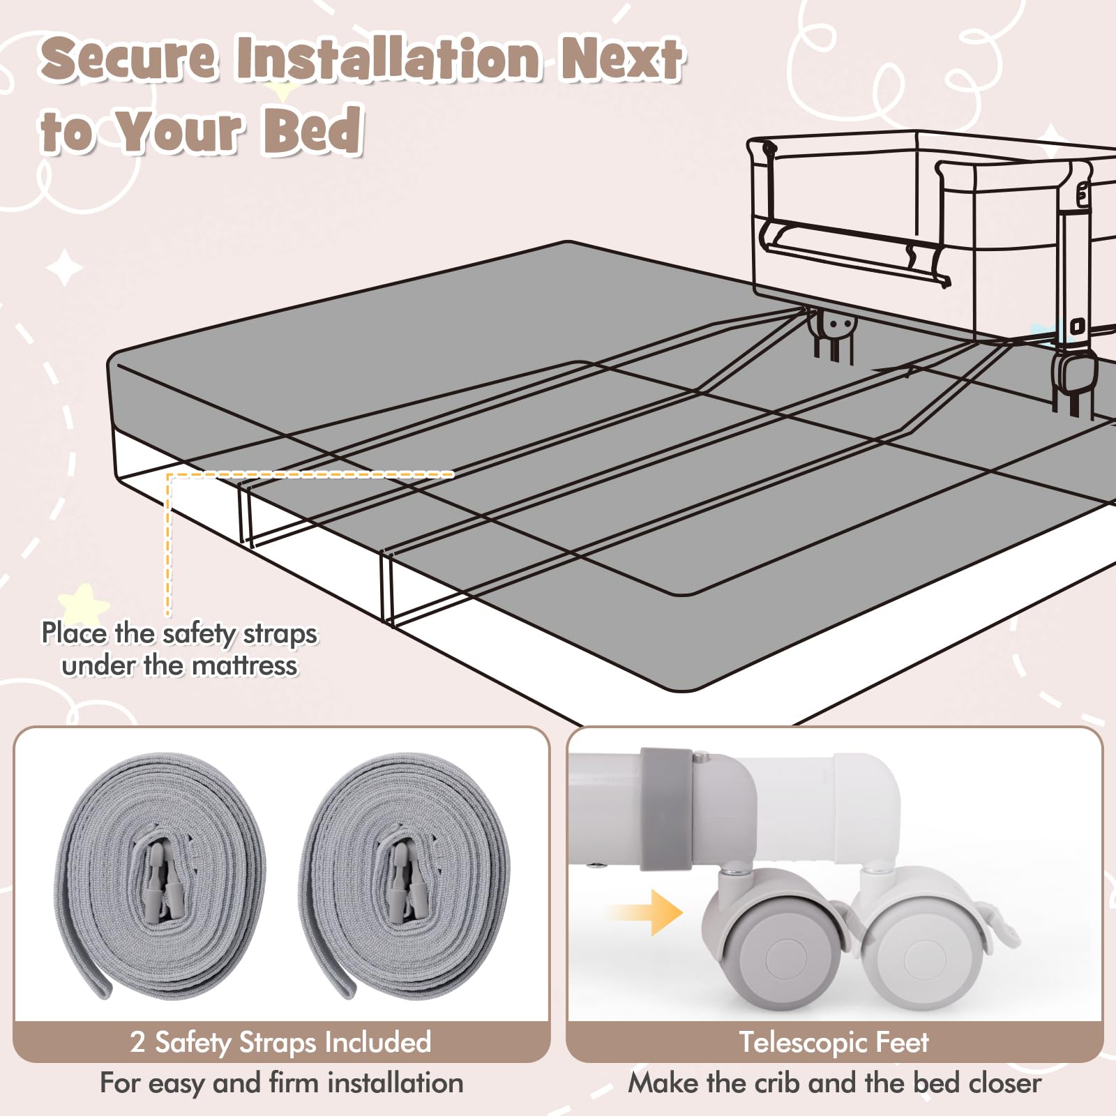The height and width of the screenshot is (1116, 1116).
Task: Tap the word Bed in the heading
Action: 313,129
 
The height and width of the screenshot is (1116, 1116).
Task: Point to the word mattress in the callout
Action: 245,665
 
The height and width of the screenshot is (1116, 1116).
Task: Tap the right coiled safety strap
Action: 405,875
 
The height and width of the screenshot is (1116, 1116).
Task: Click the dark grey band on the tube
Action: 663,809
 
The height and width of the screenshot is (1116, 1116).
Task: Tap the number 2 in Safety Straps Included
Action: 137,1042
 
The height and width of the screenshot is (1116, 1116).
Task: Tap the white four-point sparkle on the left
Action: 65,268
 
